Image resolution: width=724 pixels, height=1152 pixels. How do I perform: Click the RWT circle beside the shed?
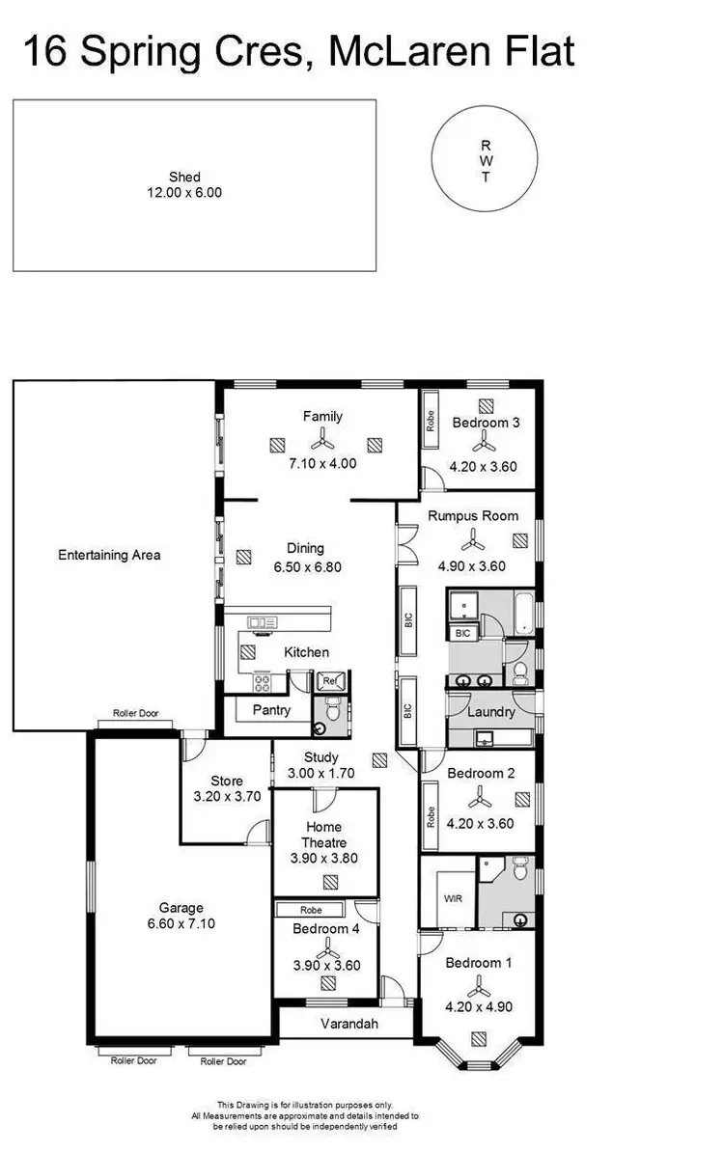(486, 161)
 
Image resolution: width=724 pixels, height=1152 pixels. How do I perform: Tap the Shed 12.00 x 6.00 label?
(183, 184)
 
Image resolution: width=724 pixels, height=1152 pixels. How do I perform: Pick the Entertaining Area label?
(109, 555)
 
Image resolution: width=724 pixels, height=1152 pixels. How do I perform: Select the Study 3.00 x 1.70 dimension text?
(321, 773)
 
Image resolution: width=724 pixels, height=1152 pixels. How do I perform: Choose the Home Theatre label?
(323, 835)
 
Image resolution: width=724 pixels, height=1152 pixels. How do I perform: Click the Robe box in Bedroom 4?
(310, 910)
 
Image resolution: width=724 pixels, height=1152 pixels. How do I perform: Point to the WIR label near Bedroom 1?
(453, 897)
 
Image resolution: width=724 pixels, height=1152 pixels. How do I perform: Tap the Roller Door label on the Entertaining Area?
(135, 715)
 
